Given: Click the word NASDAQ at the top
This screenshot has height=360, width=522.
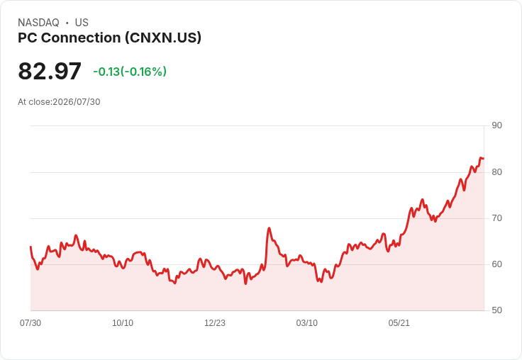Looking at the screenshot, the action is (38, 23).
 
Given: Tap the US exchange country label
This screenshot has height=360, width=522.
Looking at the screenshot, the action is (82, 23).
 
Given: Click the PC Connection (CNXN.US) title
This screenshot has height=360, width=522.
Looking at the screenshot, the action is (109, 38).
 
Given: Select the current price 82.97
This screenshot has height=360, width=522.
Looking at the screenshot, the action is (50, 71).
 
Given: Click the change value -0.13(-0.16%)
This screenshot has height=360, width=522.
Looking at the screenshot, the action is (130, 72).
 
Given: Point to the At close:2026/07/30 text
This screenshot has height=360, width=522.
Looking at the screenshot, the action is (59, 102).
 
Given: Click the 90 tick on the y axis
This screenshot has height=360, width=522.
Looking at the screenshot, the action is (496, 125).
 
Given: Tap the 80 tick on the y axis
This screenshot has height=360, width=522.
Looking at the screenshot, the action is (496, 172).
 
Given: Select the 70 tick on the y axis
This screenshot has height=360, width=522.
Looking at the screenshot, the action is (496, 218).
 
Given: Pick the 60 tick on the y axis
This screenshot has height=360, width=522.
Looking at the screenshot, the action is (496, 264).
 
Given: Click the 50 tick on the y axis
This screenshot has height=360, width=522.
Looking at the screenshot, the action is (496, 310).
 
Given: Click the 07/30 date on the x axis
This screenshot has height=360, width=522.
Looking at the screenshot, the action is (30, 322).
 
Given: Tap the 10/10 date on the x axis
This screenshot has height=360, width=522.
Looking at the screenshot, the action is (123, 322).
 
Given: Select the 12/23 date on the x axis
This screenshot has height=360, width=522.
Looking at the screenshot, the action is (215, 322).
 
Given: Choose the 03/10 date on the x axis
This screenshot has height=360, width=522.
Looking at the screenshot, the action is (307, 322).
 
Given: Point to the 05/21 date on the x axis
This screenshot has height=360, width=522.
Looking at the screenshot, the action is (399, 322).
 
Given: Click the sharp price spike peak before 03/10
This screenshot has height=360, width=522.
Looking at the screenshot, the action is (269, 228).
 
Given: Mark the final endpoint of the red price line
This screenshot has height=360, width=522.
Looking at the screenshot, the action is (484, 158).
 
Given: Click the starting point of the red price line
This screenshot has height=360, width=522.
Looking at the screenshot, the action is (30, 247).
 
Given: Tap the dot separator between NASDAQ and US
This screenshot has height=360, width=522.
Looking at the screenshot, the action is (67, 23).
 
